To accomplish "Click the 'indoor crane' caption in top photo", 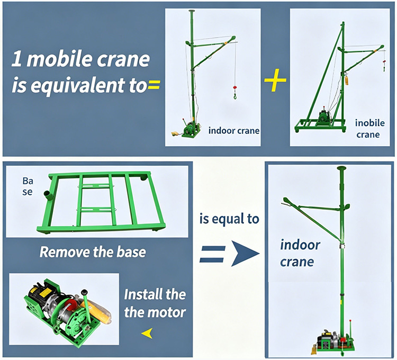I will tap(233, 130).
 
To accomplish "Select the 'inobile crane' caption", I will tap(367, 129).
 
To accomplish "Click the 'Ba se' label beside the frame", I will tap(27, 186).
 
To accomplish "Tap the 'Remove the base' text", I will tap(93, 251).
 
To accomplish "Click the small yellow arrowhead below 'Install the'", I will tap(150, 333).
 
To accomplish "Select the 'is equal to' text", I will tap(229, 218).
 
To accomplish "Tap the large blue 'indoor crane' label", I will tap(300, 253).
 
